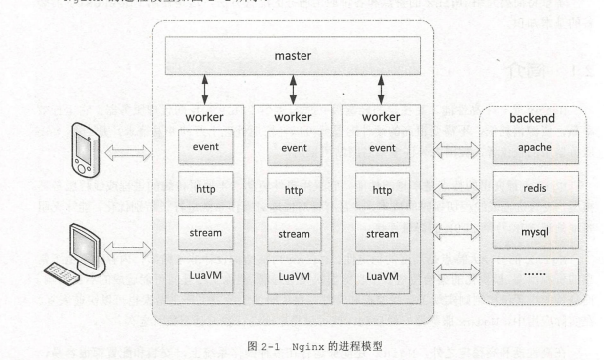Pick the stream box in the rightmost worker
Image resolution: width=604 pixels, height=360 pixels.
coord(383,235)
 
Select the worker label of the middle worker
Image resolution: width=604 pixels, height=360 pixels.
coord(294,117)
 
